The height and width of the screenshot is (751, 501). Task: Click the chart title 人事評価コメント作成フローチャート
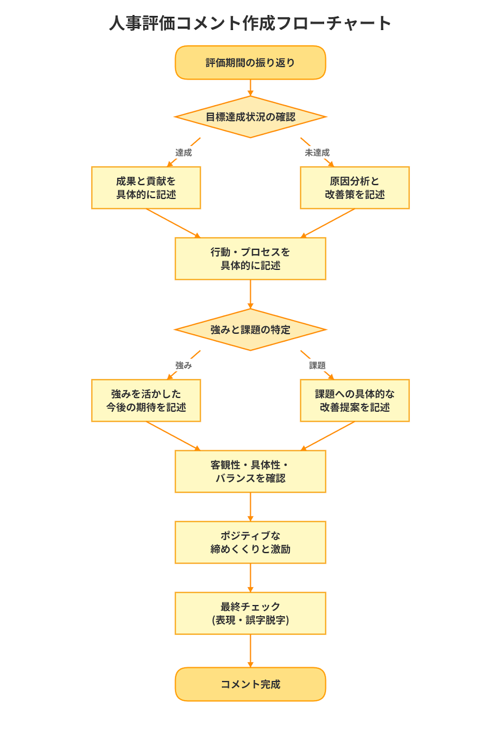click(250, 23)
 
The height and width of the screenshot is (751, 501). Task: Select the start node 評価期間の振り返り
click(250, 62)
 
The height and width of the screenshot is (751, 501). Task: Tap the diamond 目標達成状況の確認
click(250, 117)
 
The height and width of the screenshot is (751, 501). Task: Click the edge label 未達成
click(317, 153)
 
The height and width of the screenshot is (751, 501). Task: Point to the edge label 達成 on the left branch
click(184, 153)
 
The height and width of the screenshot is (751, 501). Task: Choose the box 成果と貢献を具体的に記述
click(146, 188)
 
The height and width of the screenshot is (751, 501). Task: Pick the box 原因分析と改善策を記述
click(355, 188)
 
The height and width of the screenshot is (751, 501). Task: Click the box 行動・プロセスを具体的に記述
click(250, 259)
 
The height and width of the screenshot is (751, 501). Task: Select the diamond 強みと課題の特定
click(250, 330)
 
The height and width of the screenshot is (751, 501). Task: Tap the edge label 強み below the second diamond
click(184, 365)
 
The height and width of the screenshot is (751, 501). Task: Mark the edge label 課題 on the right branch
click(317, 365)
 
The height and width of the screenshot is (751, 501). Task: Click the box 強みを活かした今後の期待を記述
click(146, 400)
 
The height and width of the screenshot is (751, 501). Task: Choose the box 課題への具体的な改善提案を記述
click(355, 400)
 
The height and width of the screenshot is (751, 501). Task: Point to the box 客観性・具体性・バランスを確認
click(250, 471)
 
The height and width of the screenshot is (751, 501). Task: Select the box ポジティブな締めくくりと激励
click(250, 542)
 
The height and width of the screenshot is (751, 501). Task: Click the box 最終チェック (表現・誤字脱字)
click(250, 613)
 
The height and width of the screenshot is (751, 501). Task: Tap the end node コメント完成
click(250, 684)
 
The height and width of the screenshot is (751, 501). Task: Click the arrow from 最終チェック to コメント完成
click(250, 651)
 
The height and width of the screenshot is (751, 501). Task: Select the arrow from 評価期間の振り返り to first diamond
click(250, 87)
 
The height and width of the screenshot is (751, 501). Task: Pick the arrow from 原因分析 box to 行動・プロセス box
click(329, 222)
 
